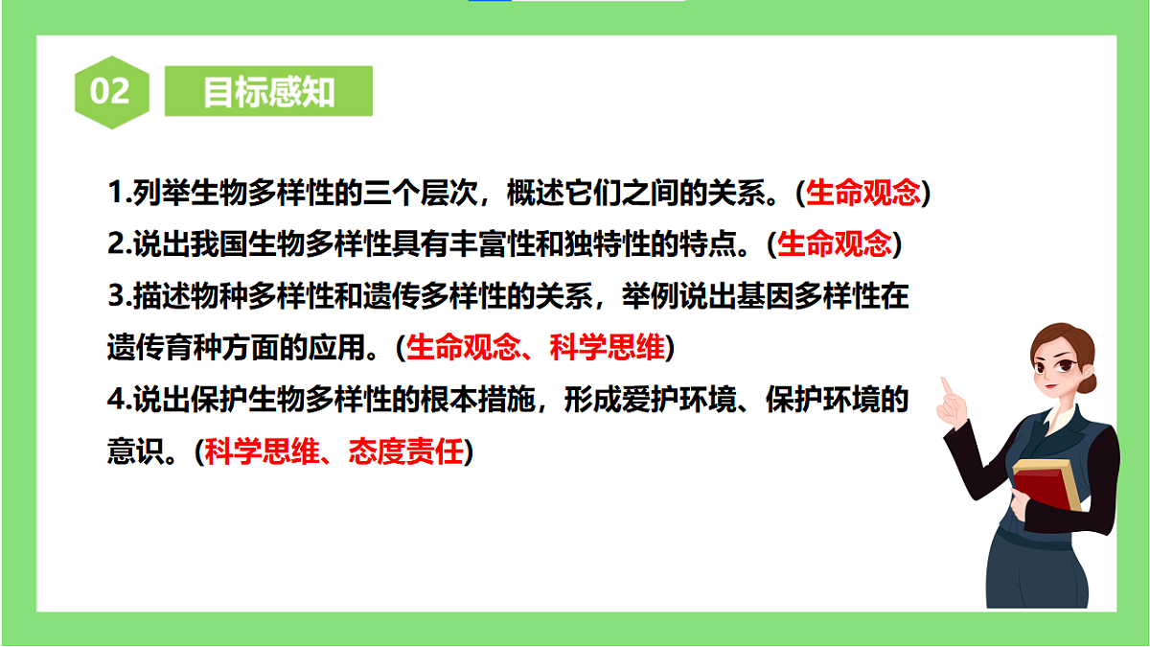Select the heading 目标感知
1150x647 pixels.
click(x=268, y=91)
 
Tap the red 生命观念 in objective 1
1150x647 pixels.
click(x=862, y=194)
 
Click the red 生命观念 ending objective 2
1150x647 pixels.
click(x=834, y=244)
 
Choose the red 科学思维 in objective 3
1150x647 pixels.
click(x=607, y=348)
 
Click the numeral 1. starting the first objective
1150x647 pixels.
click(x=117, y=194)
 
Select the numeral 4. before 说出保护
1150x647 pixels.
click(x=117, y=400)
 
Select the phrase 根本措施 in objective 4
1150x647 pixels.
click(x=478, y=400)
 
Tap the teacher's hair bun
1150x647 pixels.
click(x=1089, y=380)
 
